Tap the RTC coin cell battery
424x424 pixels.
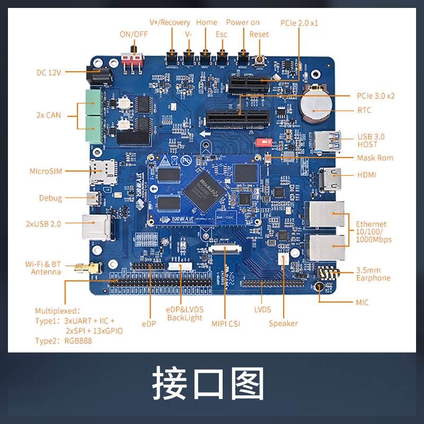(x=316, y=106)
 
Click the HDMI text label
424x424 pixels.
(x=367, y=174)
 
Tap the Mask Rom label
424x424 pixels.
(x=375, y=158)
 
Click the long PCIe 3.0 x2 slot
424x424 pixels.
(x=236, y=119)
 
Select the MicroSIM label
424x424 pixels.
(x=46, y=171)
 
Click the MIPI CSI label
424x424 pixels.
(x=225, y=323)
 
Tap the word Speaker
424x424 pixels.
(x=283, y=323)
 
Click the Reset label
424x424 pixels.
(x=259, y=34)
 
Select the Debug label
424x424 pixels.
(x=50, y=198)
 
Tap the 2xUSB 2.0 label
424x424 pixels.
(x=43, y=224)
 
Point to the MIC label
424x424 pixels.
(x=362, y=303)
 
